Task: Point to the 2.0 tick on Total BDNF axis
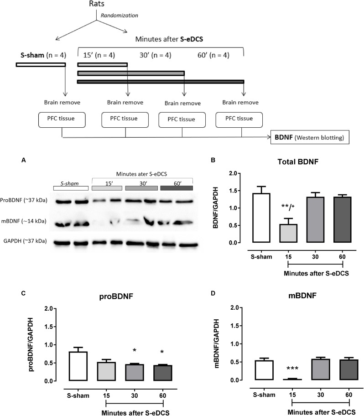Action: [x=233, y=173]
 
